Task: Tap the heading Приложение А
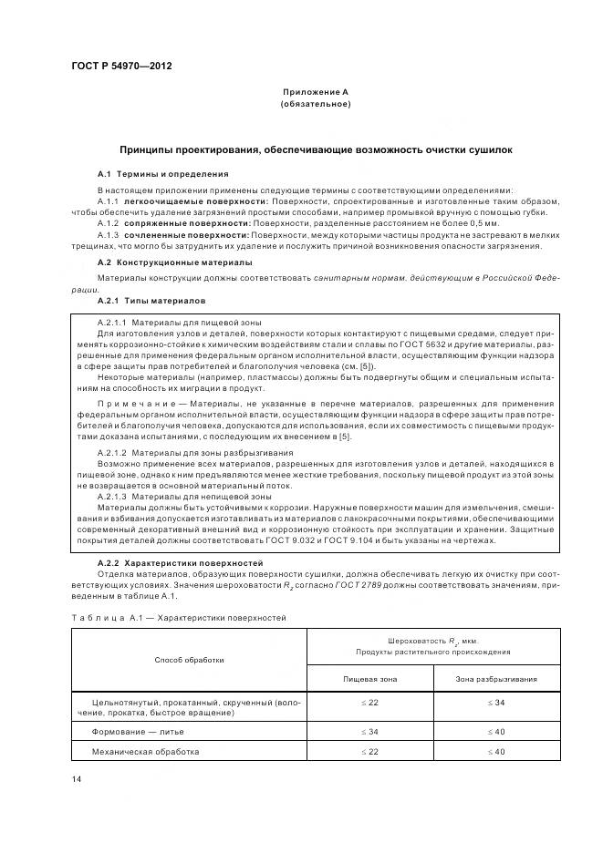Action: (x=316, y=93)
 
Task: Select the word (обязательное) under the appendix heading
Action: (x=316, y=106)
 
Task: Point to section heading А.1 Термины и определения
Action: (x=163, y=173)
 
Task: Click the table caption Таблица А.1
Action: (x=100, y=618)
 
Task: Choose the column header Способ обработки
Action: (x=189, y=659)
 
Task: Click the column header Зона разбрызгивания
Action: (x=495, y=679)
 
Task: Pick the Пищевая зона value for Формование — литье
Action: (x=369, y=732)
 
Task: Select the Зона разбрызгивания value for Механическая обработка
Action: (x=495, y=752)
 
